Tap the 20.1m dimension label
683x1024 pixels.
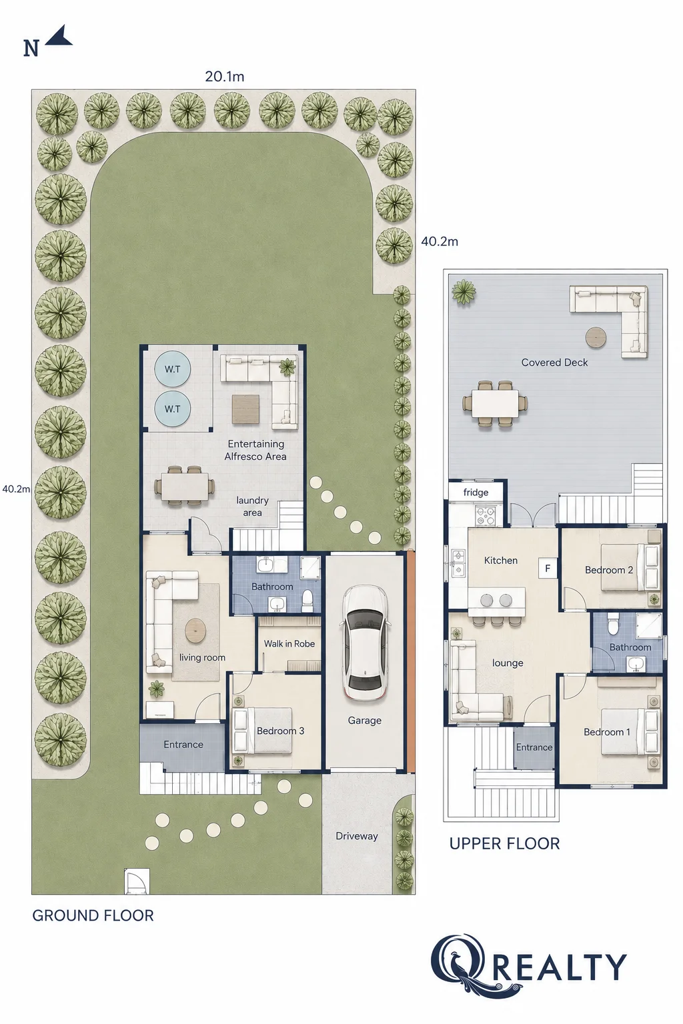coord(224,77)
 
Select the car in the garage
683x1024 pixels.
coord(364,642)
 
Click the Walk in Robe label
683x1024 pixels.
coord(289,643)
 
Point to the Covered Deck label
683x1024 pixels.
coord(554,363)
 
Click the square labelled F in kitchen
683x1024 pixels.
coord(547,568)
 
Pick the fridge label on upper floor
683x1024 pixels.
coord(476,493)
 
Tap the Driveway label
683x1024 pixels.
coord(356,836)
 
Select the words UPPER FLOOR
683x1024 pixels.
coord(505,843)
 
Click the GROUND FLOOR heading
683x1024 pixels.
coord(93,915)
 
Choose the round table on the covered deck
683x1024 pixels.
coord(596,338)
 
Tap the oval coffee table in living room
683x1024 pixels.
coord(195,631)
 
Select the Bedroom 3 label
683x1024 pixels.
coord(280,731)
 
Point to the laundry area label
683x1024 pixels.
coord(252,507)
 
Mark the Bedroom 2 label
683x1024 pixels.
coord(609,570)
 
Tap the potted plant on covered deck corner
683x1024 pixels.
coord(464,291)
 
